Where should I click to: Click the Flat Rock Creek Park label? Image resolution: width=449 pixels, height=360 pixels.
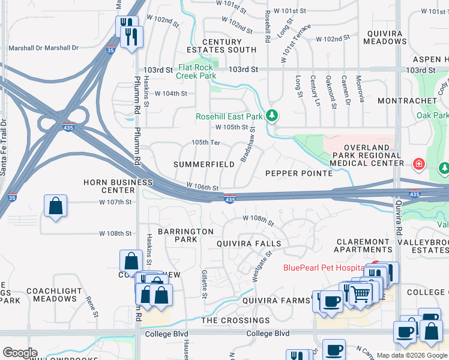tap(196, 72)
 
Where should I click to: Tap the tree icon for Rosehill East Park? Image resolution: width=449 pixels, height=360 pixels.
tap(272, 114)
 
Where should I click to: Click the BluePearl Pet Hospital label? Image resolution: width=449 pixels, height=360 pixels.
tap(324, 268)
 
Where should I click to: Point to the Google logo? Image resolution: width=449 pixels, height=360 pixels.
tap(20, 352)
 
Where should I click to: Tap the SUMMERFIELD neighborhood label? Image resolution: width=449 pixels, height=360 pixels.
tap(204, 164)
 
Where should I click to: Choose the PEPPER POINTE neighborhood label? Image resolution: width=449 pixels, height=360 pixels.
tap(299, 173)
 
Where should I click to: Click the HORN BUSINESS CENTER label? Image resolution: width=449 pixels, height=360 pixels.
tap(118, 186)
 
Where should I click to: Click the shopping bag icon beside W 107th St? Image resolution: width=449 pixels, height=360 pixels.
tap(55, 206)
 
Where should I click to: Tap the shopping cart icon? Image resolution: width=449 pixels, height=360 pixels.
tap(360, 293)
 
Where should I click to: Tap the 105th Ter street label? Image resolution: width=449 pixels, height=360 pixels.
tap(206, 142)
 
